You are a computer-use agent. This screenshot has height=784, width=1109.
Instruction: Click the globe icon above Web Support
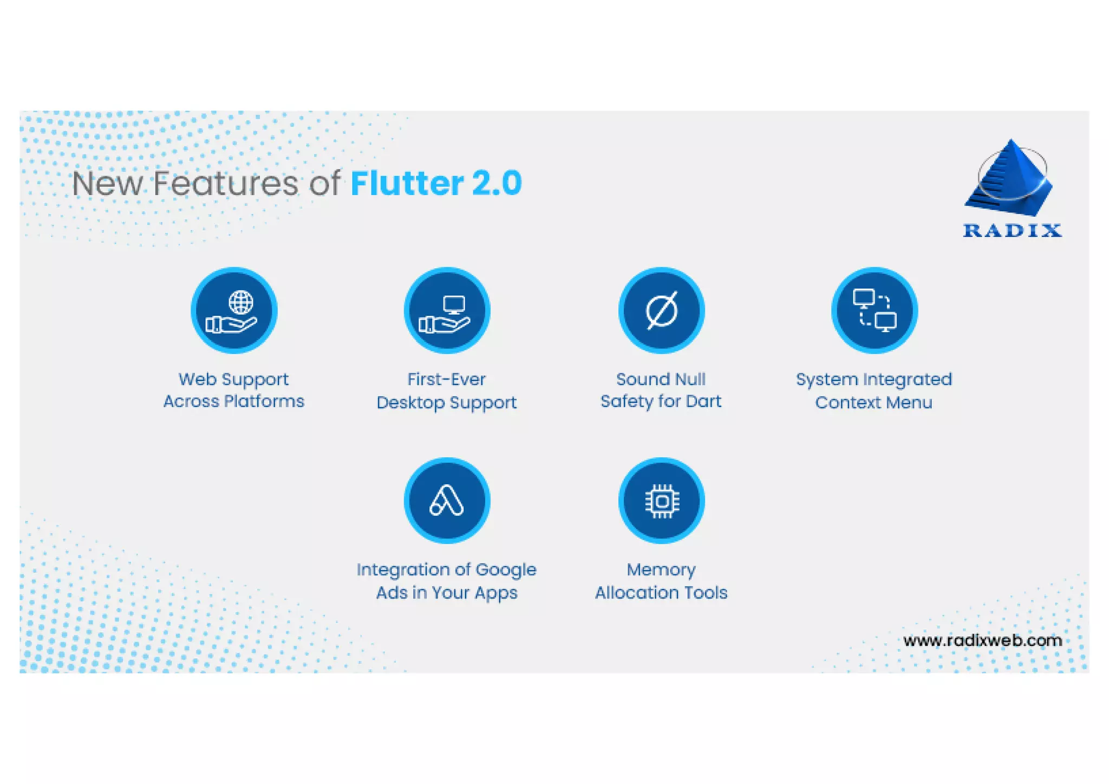click(x=240, y=302)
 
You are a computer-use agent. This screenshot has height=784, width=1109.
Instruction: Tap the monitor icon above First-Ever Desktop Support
click(x=453, y=304)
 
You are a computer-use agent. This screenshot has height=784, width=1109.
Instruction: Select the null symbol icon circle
click(x=661, y=310)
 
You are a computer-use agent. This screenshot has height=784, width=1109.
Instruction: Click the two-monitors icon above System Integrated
click(x=874, y=310)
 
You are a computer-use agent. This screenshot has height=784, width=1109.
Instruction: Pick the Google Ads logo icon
click(x=447, y=501)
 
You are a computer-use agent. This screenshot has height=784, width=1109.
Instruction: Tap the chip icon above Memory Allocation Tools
click(x=661, y=501)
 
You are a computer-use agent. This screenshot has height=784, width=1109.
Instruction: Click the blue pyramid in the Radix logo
click(x=1010, y=179)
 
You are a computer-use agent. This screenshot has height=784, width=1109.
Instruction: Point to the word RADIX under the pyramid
click(x=1012, y=231)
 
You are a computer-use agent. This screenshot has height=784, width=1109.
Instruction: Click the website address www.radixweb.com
click(x=982, y=640)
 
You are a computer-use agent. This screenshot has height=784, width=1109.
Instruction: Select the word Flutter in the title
click(x=407, y=183)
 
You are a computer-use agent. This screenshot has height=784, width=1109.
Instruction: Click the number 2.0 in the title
click(x=497, y=183)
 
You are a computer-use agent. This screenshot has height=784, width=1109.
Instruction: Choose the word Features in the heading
click(x=225, y=183)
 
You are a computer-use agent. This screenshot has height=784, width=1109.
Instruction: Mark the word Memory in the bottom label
click(x=661, y=570)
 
